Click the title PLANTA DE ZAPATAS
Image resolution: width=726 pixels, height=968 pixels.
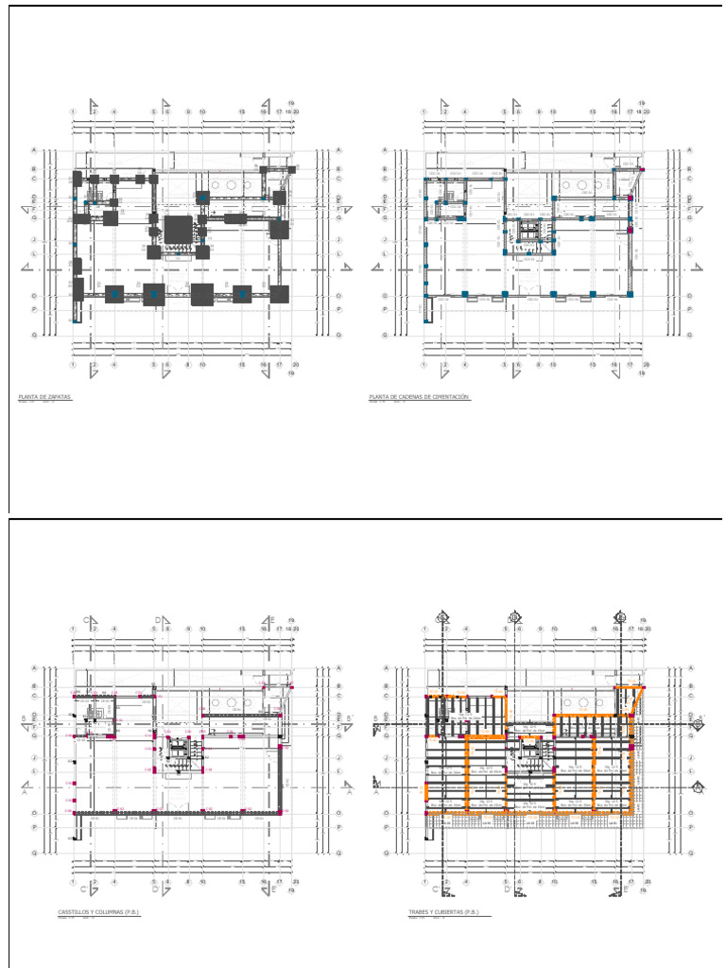pos(45,397)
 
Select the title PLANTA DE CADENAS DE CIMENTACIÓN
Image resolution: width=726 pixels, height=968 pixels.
pos(419,397)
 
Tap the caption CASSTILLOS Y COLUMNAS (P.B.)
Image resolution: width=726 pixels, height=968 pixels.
pos(97,912)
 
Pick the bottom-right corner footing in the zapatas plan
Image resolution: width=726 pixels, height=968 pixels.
pos(279,294)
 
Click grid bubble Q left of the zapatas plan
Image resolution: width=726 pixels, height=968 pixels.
pos(34,335)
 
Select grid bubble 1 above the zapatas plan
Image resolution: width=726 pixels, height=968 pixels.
pos(74,112)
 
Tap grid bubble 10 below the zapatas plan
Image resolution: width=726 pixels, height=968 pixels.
pos(202,365)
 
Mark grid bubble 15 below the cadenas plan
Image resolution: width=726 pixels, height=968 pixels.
pos(593,365)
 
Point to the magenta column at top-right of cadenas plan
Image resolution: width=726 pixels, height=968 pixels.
pos(642,169)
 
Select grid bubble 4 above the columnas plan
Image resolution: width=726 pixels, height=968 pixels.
pos(114,629)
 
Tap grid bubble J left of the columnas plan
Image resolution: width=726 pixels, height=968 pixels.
pos(34,757)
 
